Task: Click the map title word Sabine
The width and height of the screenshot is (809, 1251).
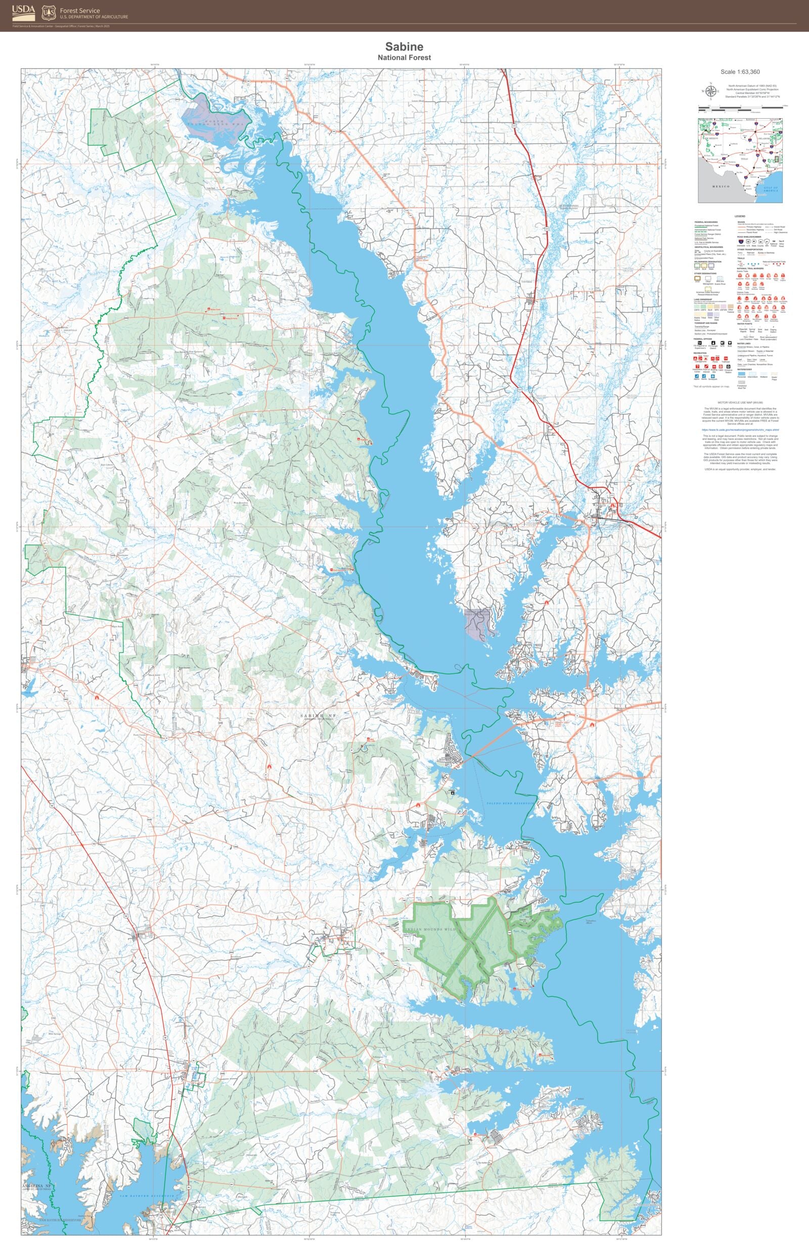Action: pos(404,48)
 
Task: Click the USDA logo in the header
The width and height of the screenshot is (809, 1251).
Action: pos(24,10)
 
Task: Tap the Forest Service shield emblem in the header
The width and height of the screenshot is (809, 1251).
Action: pos(49,13)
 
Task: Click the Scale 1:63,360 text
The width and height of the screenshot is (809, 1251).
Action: pos(740,72)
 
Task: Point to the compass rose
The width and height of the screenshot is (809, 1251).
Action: pos(711,92)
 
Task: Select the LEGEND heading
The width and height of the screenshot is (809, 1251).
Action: pos(740,216)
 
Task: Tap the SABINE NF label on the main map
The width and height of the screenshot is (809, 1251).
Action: pos(318,716)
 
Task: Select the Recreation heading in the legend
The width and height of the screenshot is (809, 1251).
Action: pos(700,354)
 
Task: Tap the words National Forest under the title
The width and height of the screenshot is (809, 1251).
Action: pos(404,58)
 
